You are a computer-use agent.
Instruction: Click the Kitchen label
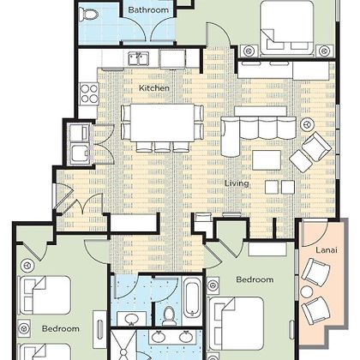(154, 88)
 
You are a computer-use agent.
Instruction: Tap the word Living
(237, 183)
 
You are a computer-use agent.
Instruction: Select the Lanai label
(327, 250)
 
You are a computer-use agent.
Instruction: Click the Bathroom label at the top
(148, 10)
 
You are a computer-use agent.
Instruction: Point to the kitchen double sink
(138, 58)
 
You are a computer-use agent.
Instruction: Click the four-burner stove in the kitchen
(89, 94)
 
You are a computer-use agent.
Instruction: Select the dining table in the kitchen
(162, 123)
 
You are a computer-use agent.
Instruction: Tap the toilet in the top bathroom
(89, 14)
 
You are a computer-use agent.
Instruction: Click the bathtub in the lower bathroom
(191, 297)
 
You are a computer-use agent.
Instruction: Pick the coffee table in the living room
(267, 160)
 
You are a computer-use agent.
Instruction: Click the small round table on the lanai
(307, 292)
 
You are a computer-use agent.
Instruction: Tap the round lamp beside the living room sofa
(308, 125)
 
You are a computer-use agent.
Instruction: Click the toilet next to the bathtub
(170, 316)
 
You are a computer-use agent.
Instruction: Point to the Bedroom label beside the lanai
(255, 279)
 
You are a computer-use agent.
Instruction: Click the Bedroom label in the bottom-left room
(61, 328)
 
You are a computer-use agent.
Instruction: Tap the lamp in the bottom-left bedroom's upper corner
(27, 266)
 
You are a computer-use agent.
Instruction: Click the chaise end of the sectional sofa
(230, 137)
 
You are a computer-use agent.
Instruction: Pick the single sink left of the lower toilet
(132, 319)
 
